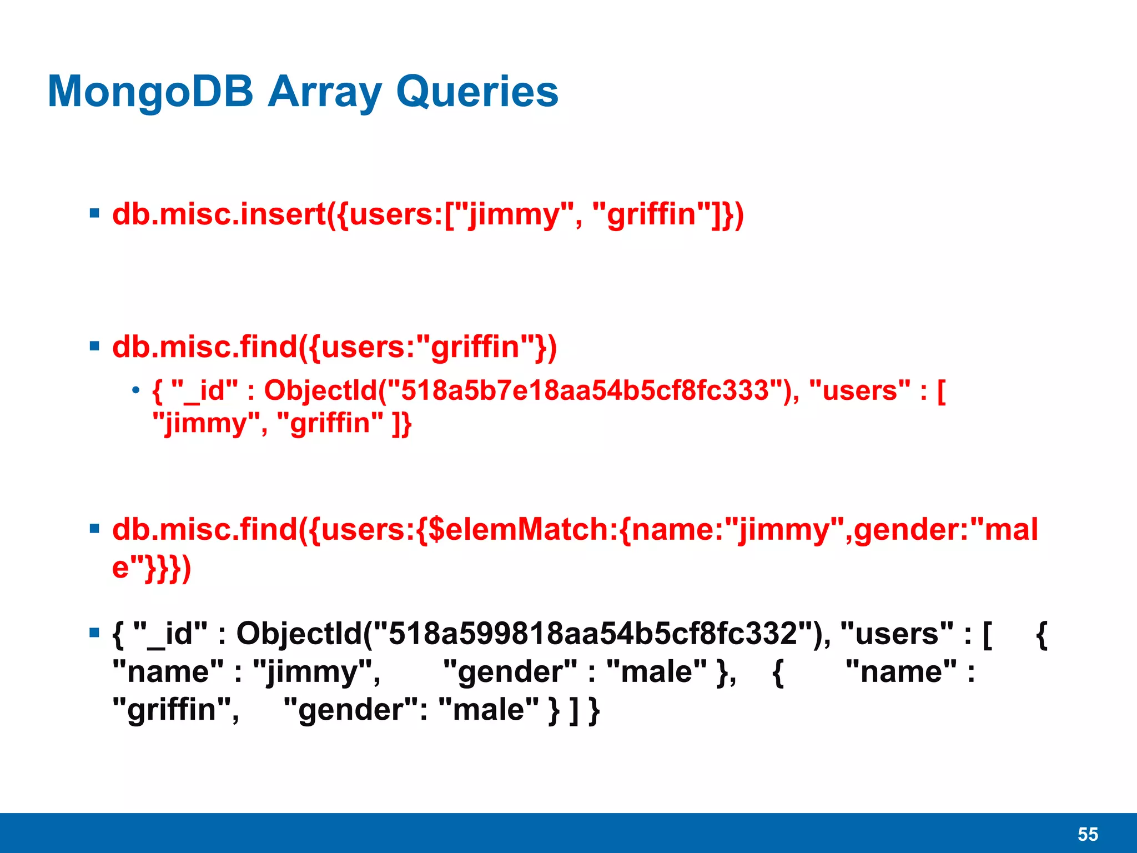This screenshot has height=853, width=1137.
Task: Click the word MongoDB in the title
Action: tap(150, 92)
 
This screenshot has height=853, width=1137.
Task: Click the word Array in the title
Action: tap(324, 92)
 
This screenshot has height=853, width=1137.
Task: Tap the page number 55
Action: tap(1088, 834)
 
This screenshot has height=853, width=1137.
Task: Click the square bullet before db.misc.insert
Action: tap(94, 213)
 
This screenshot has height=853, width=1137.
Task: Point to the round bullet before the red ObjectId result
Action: tap(135, 390)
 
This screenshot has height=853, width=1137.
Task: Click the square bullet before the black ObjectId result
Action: tap(94, 633)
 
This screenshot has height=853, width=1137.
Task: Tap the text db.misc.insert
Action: tap(219, 214)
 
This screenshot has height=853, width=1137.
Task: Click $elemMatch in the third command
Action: tap(519, 529)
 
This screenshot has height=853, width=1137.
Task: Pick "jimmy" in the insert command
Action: tap(514, 214)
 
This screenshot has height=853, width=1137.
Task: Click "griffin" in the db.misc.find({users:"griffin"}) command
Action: tap(475, 347)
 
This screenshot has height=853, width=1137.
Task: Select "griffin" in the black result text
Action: tap(172, 710)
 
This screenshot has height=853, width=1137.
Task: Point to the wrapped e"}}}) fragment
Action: tap(152, 569)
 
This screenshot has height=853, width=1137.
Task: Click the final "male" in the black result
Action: tap(489, 710)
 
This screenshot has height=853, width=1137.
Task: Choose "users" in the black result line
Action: tap(897, 634)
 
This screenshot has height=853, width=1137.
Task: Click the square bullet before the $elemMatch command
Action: tap(94, 528)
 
